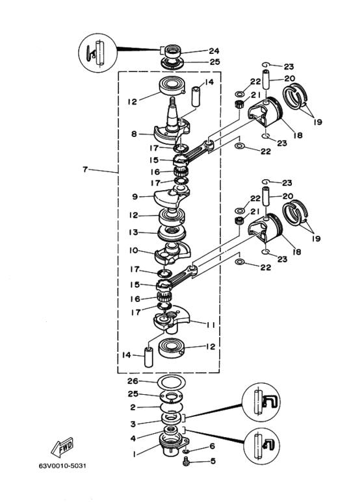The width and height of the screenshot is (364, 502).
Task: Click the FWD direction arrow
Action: point(62,447)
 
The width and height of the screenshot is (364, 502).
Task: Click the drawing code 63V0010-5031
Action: point(62,466)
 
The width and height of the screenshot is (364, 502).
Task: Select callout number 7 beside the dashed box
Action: point(85,169)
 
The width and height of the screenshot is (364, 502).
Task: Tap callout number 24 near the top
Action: point(214,51)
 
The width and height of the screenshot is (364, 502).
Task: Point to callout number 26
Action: point(133,381)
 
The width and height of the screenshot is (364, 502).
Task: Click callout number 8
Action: point(134,134)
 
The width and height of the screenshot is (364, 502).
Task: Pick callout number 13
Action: point(133,232)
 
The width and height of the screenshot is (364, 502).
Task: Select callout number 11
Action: point(211,325)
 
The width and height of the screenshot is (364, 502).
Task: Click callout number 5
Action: point(213,461)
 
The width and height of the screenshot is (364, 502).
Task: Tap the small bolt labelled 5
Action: point(185,462)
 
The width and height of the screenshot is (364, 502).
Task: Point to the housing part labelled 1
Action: point(173,443)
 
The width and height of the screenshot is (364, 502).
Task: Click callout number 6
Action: point(212,446)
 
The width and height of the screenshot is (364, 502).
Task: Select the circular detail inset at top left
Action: point(98,53)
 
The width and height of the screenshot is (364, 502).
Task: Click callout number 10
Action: point(133,250)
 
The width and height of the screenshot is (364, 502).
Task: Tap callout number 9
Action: point(135,197)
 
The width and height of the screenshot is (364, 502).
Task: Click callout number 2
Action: point(133,408)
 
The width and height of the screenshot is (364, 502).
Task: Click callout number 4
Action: point(133,438)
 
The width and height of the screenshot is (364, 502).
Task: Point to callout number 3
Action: point(133,424)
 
